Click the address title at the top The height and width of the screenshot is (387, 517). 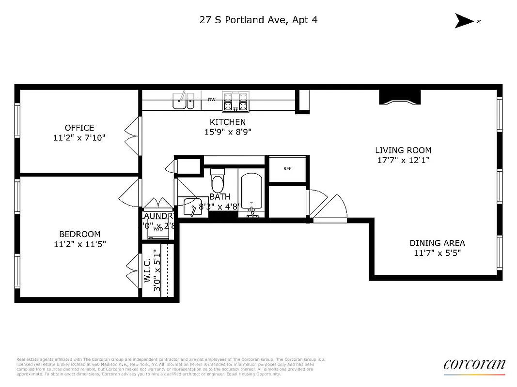coord(258,20)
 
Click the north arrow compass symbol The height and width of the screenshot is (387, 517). coord(465,21)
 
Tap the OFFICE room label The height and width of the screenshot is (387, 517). coord(79,128)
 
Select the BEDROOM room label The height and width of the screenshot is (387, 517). coord(79,234)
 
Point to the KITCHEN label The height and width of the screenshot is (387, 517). coord(227,122)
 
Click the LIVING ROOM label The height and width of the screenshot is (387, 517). coord(403,150)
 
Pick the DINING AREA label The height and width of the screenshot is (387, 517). coord(437,243)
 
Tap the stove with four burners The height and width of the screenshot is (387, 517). coord(235,101)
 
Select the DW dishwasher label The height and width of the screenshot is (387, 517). coord(211,100)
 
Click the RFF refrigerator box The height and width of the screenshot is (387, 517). coord(287,169)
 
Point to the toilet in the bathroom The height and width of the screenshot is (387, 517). coord(218,181)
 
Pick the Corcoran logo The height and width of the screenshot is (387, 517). coord(474,365)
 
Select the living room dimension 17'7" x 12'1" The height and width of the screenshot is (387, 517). coord(403,160)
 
